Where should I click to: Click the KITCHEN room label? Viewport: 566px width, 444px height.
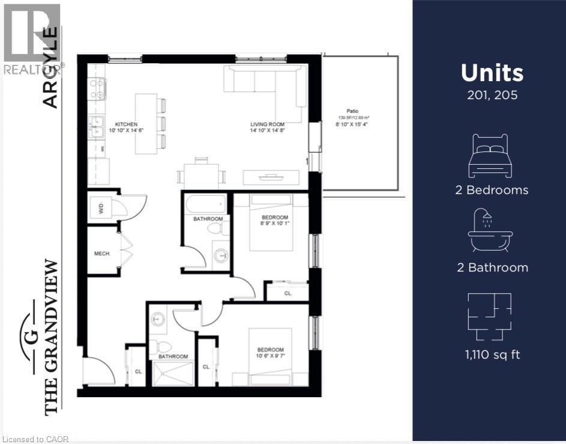point(119,124)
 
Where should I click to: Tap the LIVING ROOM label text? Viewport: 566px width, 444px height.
point(266,125)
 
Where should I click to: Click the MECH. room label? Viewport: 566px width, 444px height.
point(103,254)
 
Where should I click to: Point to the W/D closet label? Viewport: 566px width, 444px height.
point(101,209)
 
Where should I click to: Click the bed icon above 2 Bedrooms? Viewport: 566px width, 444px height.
point(490,156)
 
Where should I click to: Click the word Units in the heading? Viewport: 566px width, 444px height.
point(492,73)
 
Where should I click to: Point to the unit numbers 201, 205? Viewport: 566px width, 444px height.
point(492,95)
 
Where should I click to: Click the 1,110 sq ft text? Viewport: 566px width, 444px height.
point(492,354)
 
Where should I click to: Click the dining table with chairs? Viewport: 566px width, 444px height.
point(202,175)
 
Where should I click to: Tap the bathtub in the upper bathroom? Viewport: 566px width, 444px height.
point(206,204)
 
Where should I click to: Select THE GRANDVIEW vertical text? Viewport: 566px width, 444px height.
point(52,336)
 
